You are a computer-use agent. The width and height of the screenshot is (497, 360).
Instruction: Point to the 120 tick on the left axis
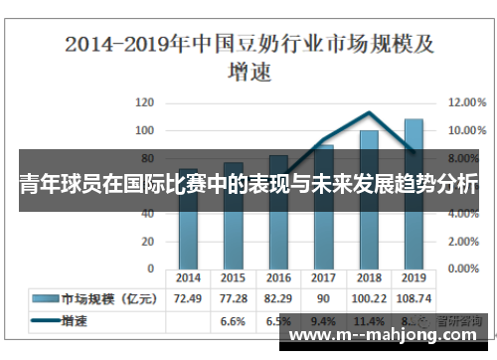click(x=145, y=102)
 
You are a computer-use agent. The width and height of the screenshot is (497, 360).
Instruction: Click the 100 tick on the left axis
click(x=145, y=130)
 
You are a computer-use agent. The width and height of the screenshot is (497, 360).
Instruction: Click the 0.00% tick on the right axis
click(x=464, y=269)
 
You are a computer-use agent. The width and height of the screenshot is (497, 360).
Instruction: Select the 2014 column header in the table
click(x=188, y=278)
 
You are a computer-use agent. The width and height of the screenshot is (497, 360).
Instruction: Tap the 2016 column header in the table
click(x=278, y=278)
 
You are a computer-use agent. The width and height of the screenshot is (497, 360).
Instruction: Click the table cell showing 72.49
click(x=188, y=297)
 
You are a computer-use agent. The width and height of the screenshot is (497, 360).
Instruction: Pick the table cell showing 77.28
click(x=233, y=297)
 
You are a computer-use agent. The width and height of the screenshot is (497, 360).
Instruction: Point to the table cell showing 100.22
click(x=369, y=297)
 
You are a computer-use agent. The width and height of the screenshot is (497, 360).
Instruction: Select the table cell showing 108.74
click(x=414, y=297)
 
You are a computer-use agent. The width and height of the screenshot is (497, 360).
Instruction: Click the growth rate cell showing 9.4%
click(x=323, y=321)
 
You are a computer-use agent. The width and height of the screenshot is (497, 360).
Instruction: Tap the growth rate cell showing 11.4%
click(x=369, y=321)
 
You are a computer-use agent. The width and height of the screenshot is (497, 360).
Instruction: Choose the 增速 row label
click(x=75, y=321)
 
